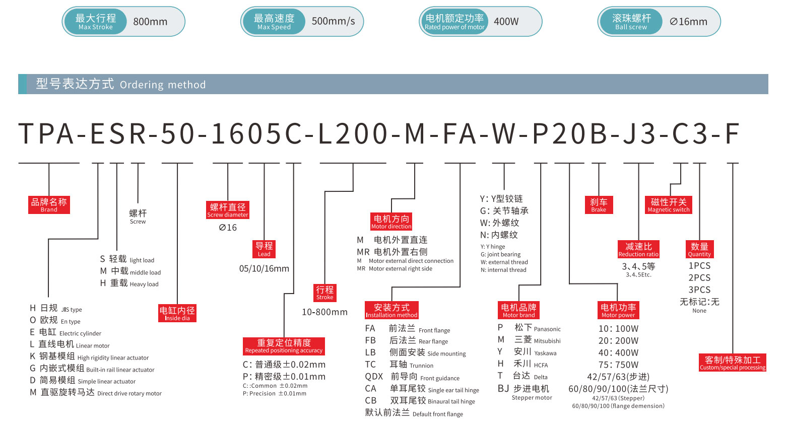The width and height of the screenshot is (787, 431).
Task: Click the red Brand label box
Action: pyautogui.click(x=49, y=205)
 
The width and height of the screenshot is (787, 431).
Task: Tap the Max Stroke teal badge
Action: pyautogui.click(x=95, y=22)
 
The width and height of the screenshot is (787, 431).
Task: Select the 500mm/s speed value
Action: pyautogui.click(x=333, y=22)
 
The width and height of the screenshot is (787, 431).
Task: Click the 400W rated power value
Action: pyautogui.click(x=506, y=22)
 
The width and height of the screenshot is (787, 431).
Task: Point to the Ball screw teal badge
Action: pyautogui.click(x=631, y=22)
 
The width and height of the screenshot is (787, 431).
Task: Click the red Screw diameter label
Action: pyautogui.click(x=228, y=210)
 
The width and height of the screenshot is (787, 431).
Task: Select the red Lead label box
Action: pyautogui.click(x=264, y=249)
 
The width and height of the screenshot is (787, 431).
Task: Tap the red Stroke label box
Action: pyautogui.click(x=324, y=293)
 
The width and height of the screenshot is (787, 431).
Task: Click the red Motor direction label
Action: pyautogui.click(x=391, y=222)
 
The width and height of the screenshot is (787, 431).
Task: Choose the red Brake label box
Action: pyautogui.click(x=599, y=205)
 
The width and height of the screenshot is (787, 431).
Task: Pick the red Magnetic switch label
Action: pyautogui.click(x=669, y=205)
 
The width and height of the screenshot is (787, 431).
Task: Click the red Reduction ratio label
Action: pyautogui.click(x=638, y=249)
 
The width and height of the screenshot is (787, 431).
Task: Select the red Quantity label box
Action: pyautogui.click(x=699, y=249)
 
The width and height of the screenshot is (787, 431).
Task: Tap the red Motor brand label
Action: pyautogui.click(x=518, y=310)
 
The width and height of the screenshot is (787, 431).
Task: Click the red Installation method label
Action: pyautogui.click(x=391, y=310)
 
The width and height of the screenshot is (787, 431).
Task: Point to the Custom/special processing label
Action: pyautogui.click(x=733, y=363)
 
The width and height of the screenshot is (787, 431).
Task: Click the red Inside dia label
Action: pyautogui.click(x=177, y=313)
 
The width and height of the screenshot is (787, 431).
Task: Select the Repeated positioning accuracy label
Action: pyautogui.click(x=284, y=346)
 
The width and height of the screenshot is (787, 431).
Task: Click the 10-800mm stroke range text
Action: pyautogui.click(x=324, y=312)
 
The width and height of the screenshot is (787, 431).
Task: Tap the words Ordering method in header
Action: pyautogui.click(x=163, y=85)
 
